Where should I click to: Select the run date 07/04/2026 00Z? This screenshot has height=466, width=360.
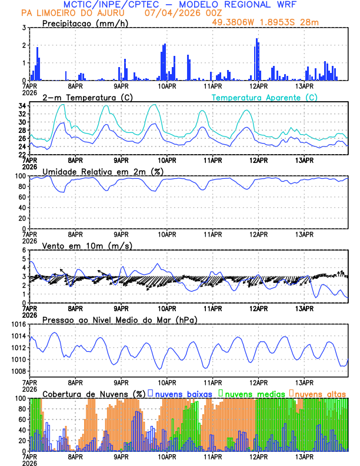(x=174, y=13)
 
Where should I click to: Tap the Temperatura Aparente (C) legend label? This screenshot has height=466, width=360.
(x=264, y=97)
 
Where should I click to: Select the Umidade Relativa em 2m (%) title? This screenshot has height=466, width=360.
(x=103, y=171)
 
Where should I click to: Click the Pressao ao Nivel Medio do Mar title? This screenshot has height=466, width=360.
(x=119, y=319)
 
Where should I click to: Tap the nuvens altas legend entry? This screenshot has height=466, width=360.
(x=320, y=393)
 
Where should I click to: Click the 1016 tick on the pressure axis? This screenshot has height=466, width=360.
(x=16, y=324)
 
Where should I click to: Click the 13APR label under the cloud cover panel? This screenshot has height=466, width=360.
(x=304, y=457)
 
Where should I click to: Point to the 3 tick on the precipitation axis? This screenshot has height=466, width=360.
(x=24, y=28)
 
